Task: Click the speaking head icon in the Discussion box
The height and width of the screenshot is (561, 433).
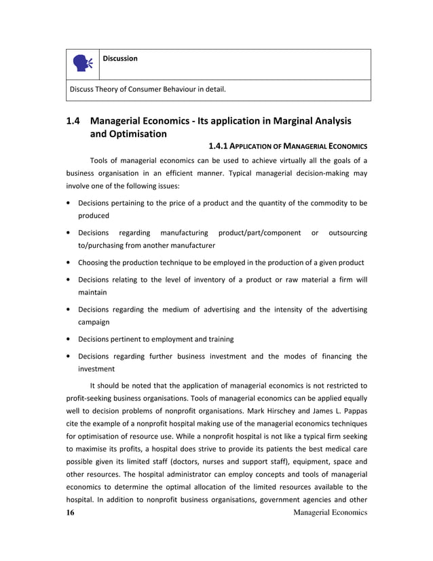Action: pyautogui.click(x=83, y=64)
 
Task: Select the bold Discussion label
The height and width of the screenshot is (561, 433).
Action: pyautogui.click(x=120, y=58)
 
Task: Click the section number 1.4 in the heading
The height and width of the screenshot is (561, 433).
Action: pyautogui.click(x=73, y=121)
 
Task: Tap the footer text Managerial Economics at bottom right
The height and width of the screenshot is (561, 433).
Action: pyautogui.click(x=329, y=512)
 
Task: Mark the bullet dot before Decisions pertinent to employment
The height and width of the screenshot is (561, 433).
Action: pyautogui.click(x=69, y=339)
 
